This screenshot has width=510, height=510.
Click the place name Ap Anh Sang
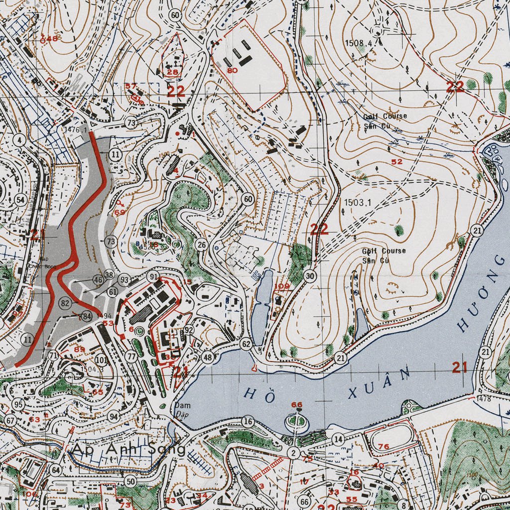(x=128, y=449)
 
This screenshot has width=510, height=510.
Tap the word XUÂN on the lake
(x=381, y=382)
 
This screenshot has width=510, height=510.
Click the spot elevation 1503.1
(x=358, y=203)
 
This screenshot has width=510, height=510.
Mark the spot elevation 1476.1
(x=75, y=129)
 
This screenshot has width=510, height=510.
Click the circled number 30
(x=310, y=276)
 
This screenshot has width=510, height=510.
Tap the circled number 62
(x=246, y=344)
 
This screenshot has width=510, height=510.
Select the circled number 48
(x=208, y=357)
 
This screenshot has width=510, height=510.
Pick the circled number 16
(x=248, y=422)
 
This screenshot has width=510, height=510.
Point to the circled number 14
(x=338, y=439)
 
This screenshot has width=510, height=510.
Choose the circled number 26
(x=201, y=245)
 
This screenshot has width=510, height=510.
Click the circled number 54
(x=20, y=200)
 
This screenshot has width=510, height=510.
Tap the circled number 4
(x=19, y=140)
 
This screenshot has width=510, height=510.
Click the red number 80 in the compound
(x=232, y=71)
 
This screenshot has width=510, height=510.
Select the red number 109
(x=281, y=286)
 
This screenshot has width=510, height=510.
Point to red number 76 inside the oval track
(x=383, y=447)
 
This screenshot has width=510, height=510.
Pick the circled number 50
(x=131, y=481)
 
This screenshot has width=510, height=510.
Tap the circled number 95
(x=18, y=404)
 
